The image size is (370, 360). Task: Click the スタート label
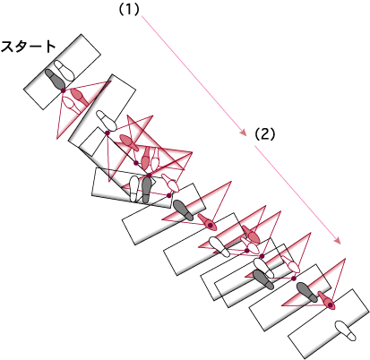(29, 47)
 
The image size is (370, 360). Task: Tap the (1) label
(129, 10)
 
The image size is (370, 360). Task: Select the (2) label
(264, 134)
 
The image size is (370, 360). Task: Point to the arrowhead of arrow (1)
(244, 133)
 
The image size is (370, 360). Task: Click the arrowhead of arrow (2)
(338, 240)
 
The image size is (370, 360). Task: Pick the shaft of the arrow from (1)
(193, 74)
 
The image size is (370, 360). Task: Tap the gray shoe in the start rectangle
(55, 79)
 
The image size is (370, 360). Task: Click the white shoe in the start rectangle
(65, 70)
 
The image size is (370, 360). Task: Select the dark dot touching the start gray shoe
(64, 90)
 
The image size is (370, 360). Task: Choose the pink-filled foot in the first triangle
(80, 97)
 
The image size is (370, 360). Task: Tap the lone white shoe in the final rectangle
(346, 330)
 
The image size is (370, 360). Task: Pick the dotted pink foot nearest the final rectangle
(326, 300)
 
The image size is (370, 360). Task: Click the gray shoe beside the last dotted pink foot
(307, 292)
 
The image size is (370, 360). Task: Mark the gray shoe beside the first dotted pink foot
(184, 210)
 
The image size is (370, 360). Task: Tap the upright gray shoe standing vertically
(146, 190)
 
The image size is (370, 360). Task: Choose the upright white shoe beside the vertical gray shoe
(134, 189)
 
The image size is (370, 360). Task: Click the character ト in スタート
(49, 47)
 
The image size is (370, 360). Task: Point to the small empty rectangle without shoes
(91, 141)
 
